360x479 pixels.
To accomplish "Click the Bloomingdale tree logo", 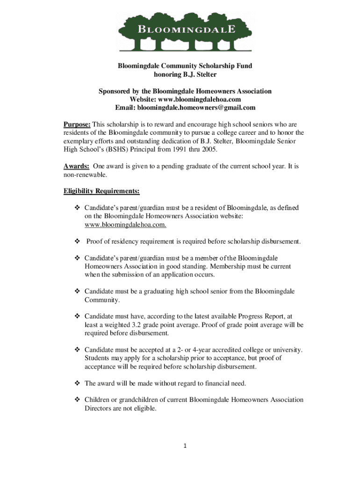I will (x=185, y=32).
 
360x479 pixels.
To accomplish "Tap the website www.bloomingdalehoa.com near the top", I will (x=200, y=100).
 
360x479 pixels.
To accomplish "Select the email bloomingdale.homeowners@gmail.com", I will (x=196, y=108).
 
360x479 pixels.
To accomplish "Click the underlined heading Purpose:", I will (x=77, y=124).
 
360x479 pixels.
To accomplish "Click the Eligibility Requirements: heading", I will (x=101, y=191).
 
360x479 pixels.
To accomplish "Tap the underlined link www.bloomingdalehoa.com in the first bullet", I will (x=125, y=225).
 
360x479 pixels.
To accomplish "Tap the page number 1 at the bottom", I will (x=185, y=446).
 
